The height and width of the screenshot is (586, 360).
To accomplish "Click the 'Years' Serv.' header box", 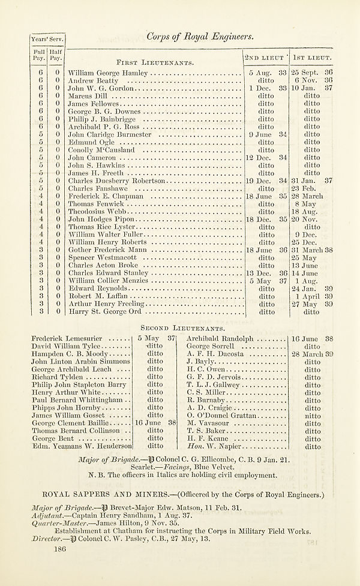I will pos(47,39).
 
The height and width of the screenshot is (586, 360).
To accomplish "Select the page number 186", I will pos(58,548).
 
